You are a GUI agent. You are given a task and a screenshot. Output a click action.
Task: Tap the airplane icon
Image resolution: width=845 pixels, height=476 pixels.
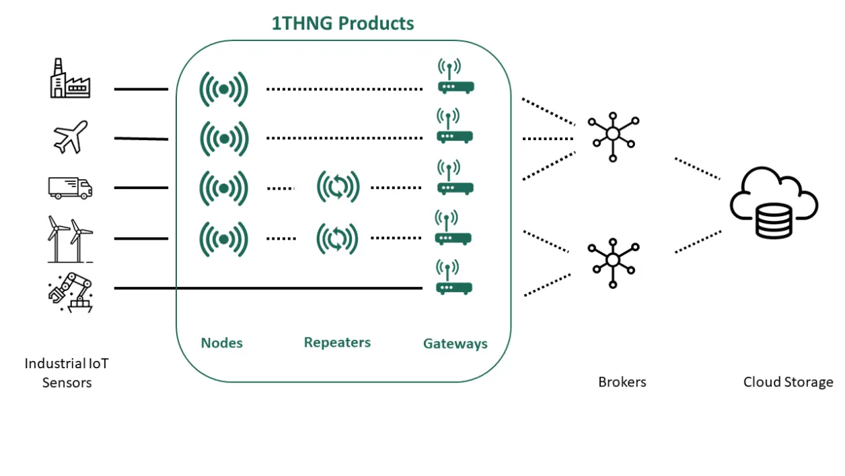tap(71, 137)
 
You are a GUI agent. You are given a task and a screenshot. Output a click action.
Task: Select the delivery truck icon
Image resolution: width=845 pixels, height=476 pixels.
tap(70, 187)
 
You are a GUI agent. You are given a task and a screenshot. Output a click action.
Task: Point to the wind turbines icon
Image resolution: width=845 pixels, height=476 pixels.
tap(70, 238)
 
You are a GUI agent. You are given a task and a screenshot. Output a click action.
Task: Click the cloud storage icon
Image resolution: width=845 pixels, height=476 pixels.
tap(774, 204)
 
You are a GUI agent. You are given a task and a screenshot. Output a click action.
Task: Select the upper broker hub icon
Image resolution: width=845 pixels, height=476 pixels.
tap(612, 133)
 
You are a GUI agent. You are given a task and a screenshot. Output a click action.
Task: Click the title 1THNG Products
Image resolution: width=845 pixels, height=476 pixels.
tap(342, 24)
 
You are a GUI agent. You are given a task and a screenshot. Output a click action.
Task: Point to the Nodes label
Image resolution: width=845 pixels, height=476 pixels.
tap(221, 343)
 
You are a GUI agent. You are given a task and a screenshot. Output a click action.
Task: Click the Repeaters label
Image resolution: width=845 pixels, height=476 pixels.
tap(337, 343)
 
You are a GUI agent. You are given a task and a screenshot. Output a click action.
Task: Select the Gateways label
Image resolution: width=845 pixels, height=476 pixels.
tap(455, 343)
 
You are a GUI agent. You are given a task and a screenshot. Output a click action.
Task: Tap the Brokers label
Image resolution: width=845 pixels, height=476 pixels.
tap(622, 382)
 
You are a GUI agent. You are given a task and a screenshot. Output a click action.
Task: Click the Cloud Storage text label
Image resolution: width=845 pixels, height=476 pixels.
tap(788, 382)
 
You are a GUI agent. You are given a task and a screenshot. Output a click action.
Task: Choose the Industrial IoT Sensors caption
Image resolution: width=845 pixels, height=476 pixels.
tap(67, 373)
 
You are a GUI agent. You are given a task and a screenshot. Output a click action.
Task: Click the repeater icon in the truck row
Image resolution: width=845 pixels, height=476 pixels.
tap(338, 187)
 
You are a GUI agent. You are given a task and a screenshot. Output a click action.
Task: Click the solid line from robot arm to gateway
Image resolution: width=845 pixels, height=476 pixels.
tap(269, 288)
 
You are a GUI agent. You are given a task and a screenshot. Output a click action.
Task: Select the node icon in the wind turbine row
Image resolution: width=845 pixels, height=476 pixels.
tap(224, 238)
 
